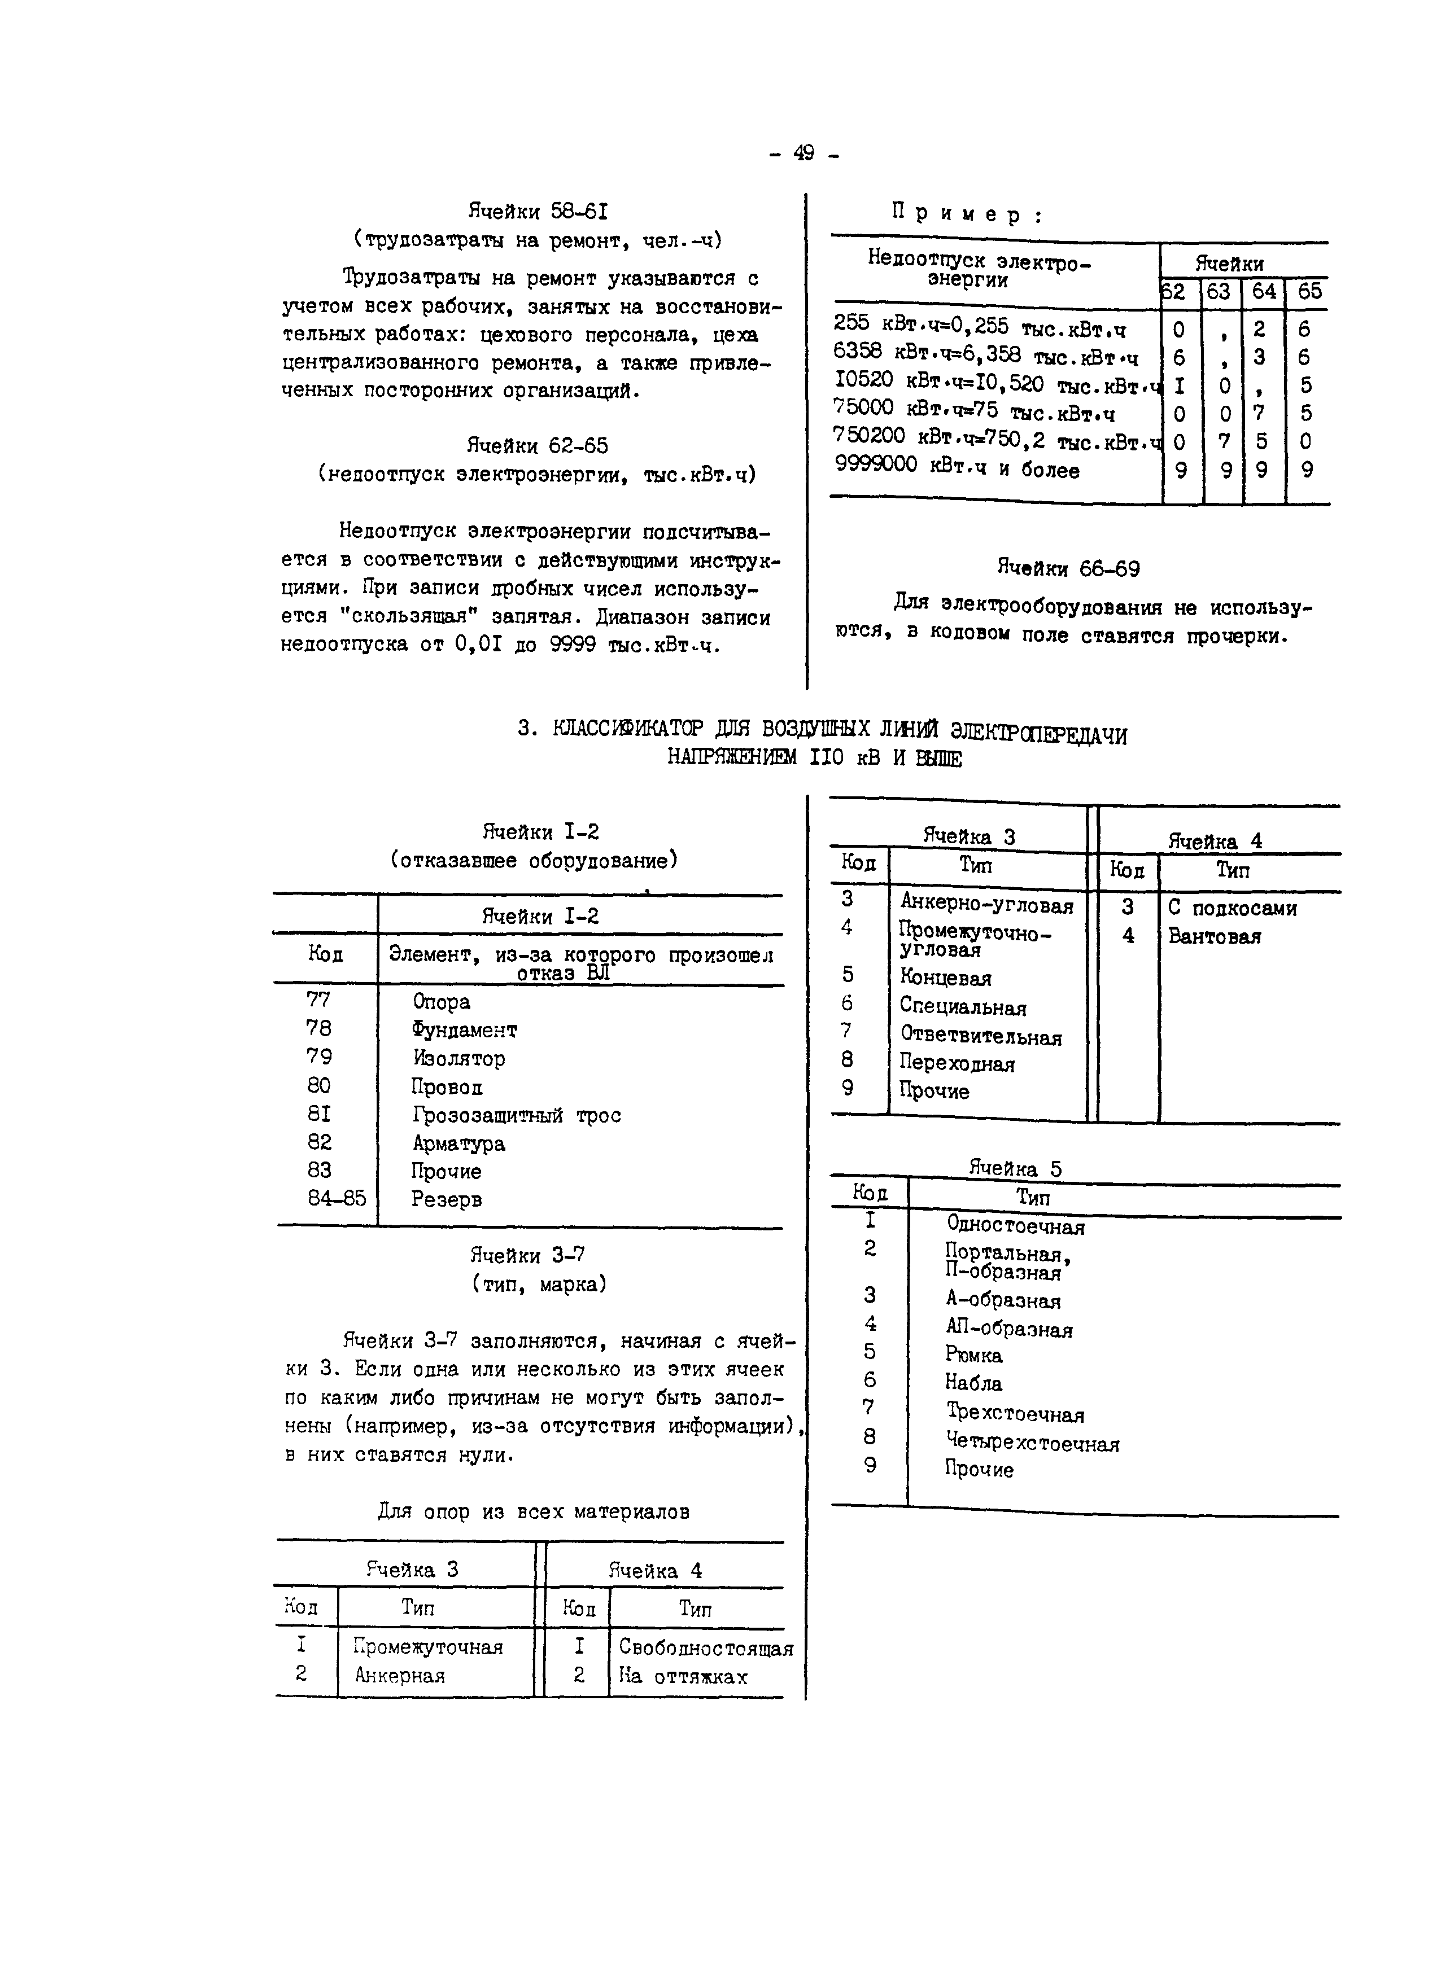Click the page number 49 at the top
[x=803, y=154]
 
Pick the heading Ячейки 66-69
[x=1068, y=569]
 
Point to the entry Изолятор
[x=459, y=1059]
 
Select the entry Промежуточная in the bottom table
[x=428, y=1646]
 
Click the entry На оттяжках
[x=683, y=1676]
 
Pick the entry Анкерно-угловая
[x=986, y=905]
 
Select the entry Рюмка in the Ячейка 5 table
[x=973, y=1355]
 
